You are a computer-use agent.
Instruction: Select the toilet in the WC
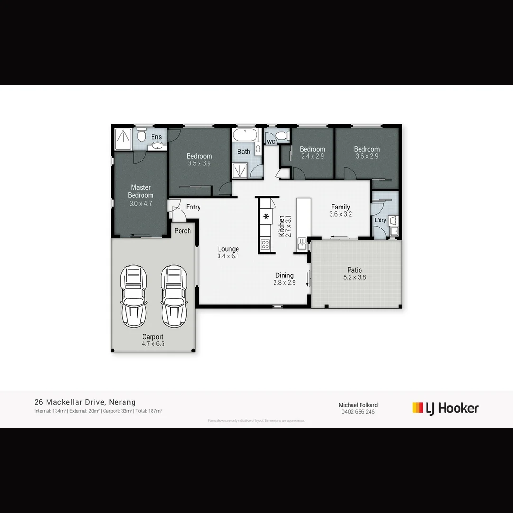pos(282,137)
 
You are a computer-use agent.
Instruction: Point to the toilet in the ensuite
pos(141,136)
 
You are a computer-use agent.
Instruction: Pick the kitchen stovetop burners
pos(265,245)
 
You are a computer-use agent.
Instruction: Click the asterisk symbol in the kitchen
pos(266,217)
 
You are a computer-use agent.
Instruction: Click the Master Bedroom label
pos(141,191)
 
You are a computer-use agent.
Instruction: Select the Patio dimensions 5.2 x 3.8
pos(355,278)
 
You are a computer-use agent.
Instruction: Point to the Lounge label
pos(228,249)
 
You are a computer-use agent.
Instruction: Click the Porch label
pos(182,231)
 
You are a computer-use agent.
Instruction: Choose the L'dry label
pos(380,220)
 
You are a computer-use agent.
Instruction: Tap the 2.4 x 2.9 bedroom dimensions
pos(313,156)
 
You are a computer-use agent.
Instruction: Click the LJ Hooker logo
pos(446,408)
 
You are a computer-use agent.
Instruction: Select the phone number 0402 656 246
pos(358,412)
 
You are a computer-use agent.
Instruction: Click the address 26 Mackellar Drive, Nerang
pos(85,402)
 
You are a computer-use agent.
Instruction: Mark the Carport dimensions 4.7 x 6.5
pos(153,344)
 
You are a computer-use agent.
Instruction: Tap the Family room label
pos(341,207)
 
